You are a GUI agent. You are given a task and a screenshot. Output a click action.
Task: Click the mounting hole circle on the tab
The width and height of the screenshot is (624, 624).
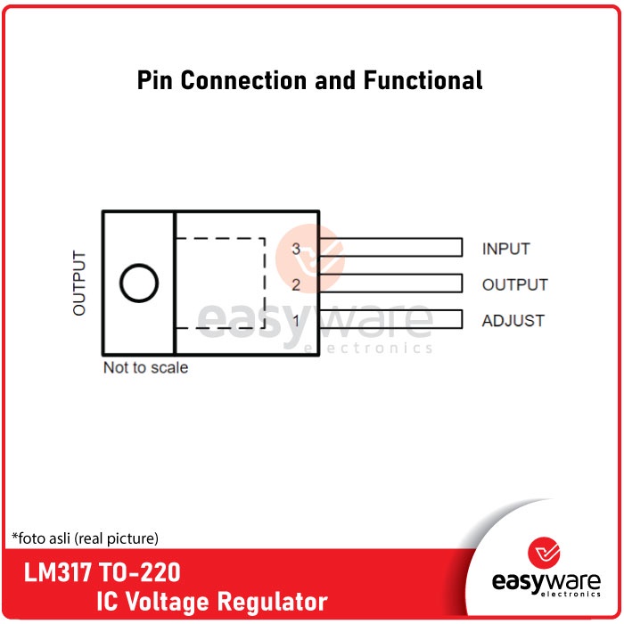[x=139, y=283]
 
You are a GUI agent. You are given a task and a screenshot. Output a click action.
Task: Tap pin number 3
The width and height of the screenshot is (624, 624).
[x=297, y=249]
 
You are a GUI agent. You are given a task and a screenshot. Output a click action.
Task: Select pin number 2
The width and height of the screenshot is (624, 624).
[x=297, y=285]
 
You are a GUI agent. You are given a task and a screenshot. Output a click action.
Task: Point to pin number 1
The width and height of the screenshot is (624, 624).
[x=297, y=321]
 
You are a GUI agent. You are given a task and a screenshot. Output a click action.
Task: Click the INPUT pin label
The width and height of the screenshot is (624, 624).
[x=506, y=250]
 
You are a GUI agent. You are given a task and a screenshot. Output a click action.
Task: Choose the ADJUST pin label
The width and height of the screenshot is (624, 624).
[x=513, y=321]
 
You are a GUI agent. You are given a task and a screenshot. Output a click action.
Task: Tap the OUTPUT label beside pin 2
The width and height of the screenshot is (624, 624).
[x=515, y=285]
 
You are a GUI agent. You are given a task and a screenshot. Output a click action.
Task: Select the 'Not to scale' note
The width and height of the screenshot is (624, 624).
[x=145, y=367]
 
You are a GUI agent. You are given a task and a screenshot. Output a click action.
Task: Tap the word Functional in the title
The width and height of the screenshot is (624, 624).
[x=423, y=80]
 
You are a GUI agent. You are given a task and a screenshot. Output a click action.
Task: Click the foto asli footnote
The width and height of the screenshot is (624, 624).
[x=86, y=538]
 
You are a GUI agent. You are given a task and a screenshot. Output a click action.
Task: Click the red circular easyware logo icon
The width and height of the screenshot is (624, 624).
[x=544, y=553]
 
